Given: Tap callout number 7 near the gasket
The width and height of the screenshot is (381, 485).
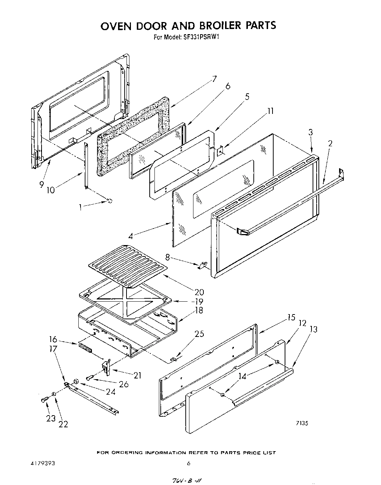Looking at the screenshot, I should pyautogui.click(x=214, y=79).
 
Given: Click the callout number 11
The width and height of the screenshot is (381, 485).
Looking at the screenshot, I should pyautogui.click(x=270, y=111).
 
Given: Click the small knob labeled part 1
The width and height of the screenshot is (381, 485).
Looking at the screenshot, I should pyautogui.click(x=109, y=201).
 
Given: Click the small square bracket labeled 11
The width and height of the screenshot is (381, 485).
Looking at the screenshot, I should pyautogui.click(x=221, y=150).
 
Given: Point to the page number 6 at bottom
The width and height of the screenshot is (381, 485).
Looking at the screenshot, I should pyautogui.click(x=188, y=464).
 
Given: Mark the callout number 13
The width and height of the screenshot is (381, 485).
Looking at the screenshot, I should pyautogui.click(x=313, y=329).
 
